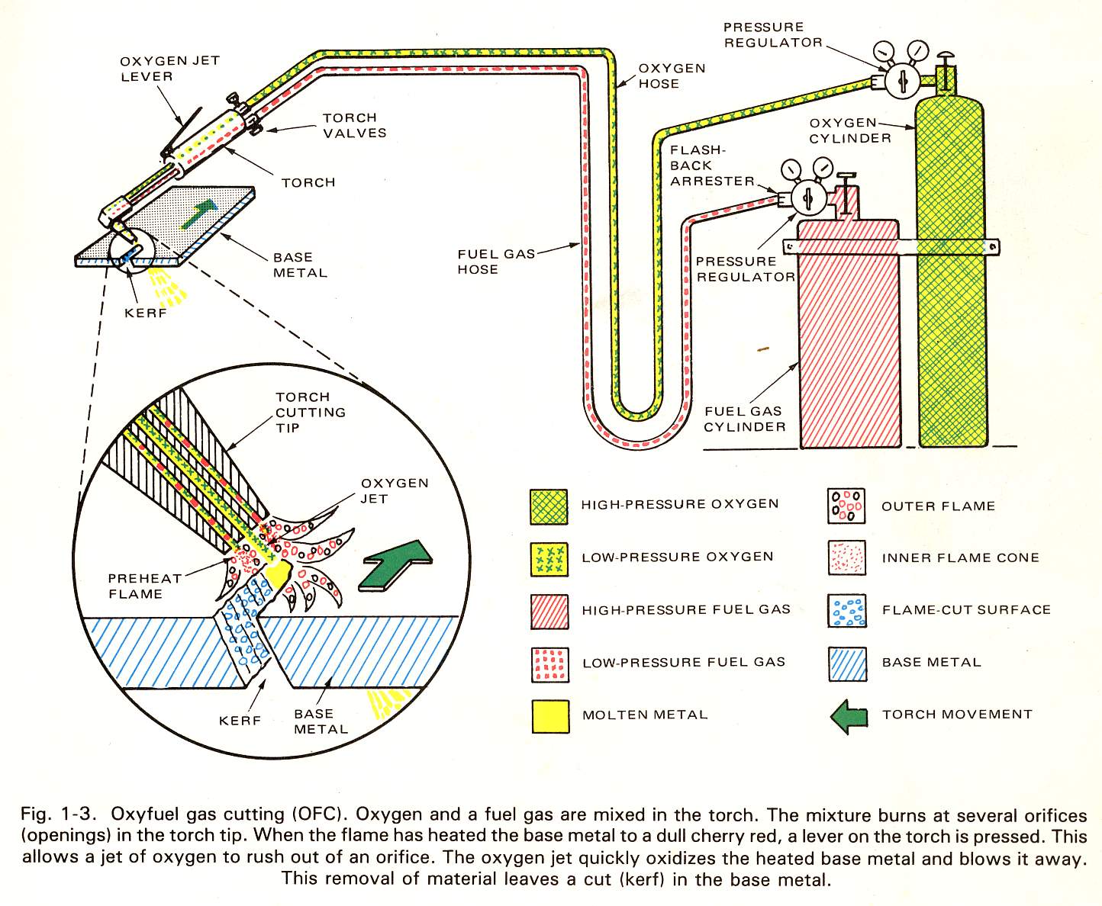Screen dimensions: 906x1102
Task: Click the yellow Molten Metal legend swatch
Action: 550,716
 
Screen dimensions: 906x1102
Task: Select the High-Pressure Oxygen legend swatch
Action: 549,507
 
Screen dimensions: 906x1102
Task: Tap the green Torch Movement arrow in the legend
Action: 849,716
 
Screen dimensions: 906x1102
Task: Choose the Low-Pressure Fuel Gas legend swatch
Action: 549,664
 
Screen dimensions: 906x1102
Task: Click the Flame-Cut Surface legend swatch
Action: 846,611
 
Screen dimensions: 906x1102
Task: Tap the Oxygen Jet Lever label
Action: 169,69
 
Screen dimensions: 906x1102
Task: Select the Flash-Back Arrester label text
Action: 711,165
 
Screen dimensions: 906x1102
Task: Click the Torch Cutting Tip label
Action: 310,412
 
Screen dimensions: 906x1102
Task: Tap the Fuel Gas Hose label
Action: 496,262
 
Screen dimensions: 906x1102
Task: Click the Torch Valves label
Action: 354,125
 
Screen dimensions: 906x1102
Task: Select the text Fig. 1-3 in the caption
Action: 56,814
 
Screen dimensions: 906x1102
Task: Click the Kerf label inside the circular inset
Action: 240,720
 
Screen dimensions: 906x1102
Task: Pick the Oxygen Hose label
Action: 671,75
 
